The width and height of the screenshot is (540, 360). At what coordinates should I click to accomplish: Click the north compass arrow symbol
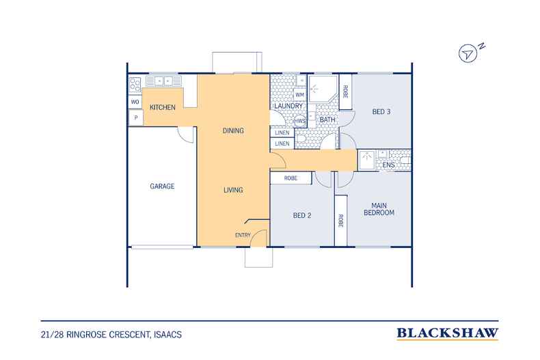point(468,53)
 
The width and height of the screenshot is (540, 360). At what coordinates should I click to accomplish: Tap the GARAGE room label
point(163,185)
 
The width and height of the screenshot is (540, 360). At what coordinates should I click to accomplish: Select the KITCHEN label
point(163,108)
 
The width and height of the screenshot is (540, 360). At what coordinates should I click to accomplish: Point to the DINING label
point(234,130)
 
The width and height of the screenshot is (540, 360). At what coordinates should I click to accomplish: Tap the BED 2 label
point(302,215)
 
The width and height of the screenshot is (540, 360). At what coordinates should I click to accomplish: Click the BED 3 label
point(381,111)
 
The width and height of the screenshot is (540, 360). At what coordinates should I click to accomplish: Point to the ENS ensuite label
point(388,165)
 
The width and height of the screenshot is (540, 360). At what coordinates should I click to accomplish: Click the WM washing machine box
point(299,94)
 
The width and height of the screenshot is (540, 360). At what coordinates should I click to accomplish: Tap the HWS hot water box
point(299,121)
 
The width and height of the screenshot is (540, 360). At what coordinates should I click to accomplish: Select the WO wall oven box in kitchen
point(135,102)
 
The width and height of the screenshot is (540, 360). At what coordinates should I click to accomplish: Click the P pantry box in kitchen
point(135,118)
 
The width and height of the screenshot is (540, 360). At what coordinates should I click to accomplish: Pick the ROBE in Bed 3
point(346,92)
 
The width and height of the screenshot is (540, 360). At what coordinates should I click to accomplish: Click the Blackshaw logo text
point(448,334)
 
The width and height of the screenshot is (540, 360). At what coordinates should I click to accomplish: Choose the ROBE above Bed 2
point(287,178)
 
